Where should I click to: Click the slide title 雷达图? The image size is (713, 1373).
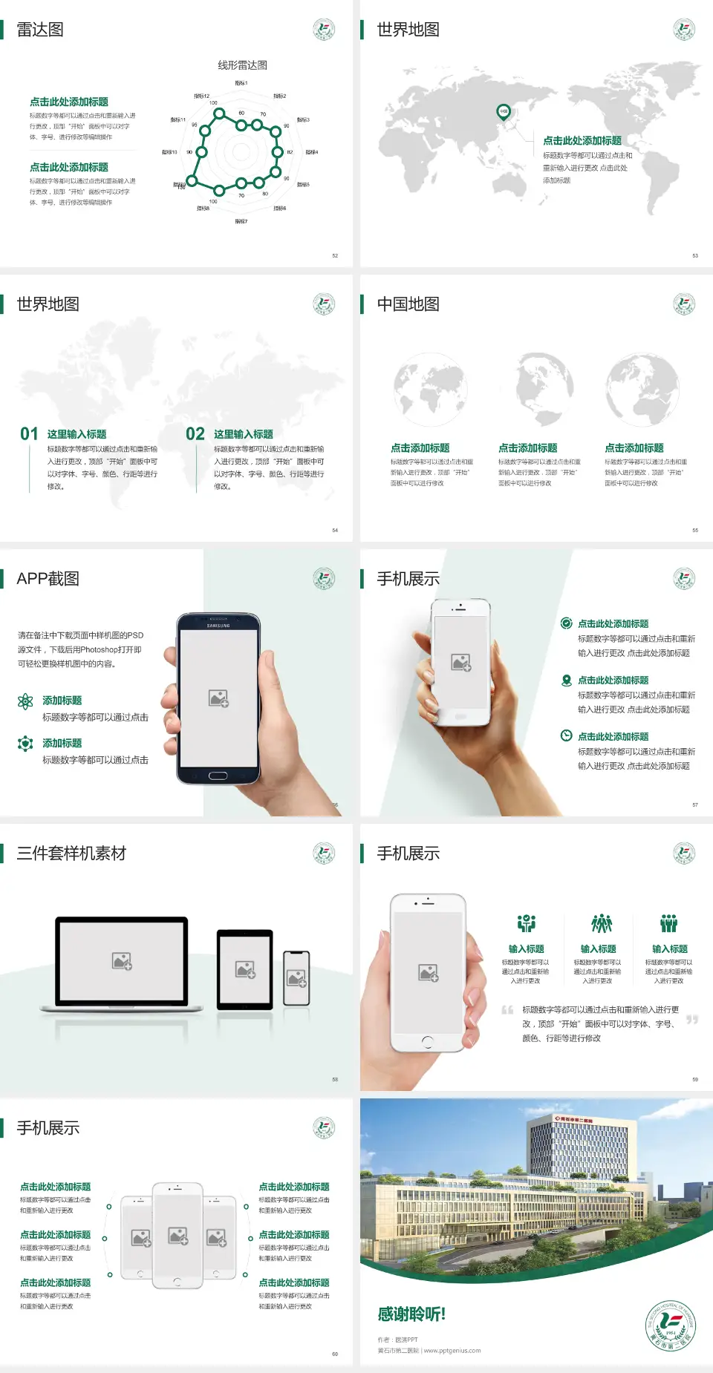[40, 30]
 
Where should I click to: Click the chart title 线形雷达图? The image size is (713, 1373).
[242, 65]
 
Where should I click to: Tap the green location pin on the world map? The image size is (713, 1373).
[504, 112]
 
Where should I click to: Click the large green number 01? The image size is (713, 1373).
[29, 434]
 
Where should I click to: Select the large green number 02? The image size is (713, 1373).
[195, 434]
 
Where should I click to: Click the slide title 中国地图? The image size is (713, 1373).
[408, 304]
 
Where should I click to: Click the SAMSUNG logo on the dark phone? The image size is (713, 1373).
[218, 626]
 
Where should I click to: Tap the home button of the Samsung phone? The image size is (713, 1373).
[218, 776]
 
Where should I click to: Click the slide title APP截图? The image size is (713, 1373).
[48, 579]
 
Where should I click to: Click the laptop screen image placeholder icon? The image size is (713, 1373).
[122, 961]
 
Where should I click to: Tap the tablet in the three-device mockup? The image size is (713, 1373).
[245, 969]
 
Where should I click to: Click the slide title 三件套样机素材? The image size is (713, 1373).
[71, 853]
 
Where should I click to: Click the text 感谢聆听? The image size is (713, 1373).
[411, 1314]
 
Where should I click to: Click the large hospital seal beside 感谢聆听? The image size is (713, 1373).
[671, 1326]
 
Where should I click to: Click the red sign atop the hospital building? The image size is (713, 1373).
[573, 1120]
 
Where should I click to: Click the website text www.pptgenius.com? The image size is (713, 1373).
[452, 1351]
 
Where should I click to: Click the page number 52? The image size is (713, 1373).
[335, 255]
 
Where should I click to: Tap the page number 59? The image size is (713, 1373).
[695, 1079]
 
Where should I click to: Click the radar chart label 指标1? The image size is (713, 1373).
[241, 83]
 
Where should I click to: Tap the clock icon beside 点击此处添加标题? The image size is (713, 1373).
[566, 735]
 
